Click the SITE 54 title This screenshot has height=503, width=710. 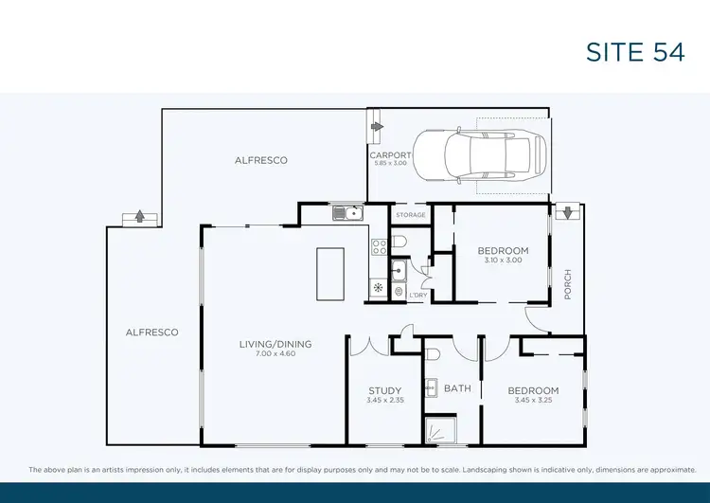pyautogui.click(x=634, y=52)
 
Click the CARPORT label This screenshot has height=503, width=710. pyautogui.click(x=389, y=155)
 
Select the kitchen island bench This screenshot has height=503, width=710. pyautogui.click(x=329, y=274)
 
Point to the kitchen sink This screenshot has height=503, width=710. pyautogui.click(x=347, y=213)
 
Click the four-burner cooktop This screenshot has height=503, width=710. pyautogui.click(x=379, y=247)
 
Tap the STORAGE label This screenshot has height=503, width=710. pyautogui.click(x=411, y=215)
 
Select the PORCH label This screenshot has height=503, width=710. pyautogui.click(x=569, y=285)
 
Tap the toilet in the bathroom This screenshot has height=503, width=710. pyautogui.click(x=433, y=354)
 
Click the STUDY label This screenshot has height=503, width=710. pyautogui.click(x=385, y=390)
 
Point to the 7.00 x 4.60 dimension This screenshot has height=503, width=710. pyautogui.click(x=275, y=353)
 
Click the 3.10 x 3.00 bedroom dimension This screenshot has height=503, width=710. pyautogui.click(x=503, y=260)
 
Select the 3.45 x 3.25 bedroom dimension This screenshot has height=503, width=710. pyautogui.click(x=533, y=400)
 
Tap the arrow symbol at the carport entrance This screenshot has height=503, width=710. pyautogui.click(x=377, y=125)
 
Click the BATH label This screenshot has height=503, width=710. pyautogui.click(x=457, y=388)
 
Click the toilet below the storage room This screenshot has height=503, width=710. pyautogui.click(x=399, y=243)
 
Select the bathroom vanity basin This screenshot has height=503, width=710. pyautogui.click(x=431, y=387)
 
